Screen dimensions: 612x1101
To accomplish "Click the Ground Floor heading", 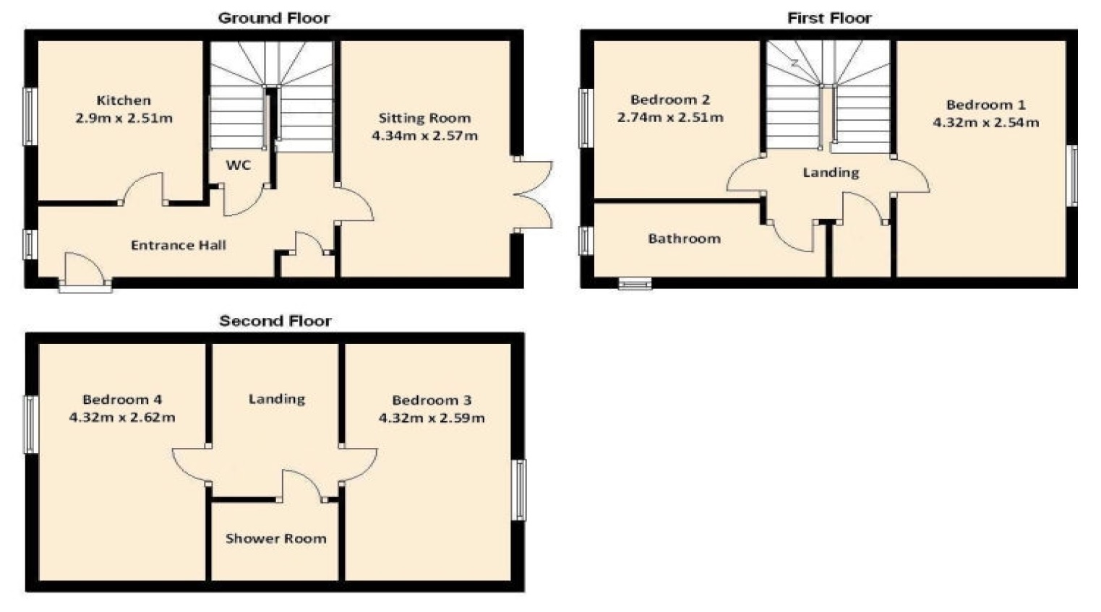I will click(274, 18).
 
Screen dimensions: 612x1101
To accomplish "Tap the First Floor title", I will click(829, 18).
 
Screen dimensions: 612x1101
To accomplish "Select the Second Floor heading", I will click(275, 321).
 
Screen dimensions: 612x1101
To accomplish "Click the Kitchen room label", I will click(124, 100).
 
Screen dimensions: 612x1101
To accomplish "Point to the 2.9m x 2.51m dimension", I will click(124, 118).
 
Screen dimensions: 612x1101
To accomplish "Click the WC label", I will click(239, 165).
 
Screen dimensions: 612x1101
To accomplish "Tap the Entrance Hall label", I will click(179, 245).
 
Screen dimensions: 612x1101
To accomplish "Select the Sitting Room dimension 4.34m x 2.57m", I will click(424, 135).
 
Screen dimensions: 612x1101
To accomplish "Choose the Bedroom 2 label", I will click(670, 100).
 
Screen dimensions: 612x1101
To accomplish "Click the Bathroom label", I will click(684, 238).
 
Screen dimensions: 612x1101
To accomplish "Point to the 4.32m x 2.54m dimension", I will click(985, 122).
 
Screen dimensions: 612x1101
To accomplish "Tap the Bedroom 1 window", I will click(1072, 176).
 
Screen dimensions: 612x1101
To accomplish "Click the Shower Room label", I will click(275, 538).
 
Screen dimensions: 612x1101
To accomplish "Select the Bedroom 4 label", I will click(122, 400).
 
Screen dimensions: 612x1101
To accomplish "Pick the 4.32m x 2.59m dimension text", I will click(432, 418).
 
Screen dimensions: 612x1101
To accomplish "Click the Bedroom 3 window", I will click(519, 489).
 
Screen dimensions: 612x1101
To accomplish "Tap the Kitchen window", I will click(30, 116).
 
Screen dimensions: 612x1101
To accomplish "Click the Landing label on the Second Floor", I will click(276, 399).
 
